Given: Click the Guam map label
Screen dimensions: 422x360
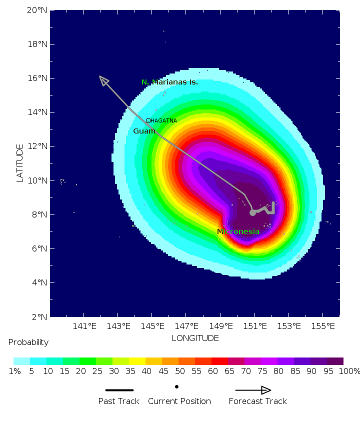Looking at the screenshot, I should tap(144, 131).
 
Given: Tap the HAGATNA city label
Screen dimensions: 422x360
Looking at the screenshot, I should tap(163, 120).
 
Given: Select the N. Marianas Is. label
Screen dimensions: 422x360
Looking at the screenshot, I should tap(169, 82).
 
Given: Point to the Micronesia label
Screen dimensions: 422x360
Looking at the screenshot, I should tap(238, 231).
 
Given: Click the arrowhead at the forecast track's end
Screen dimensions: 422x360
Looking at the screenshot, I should tap(103, 80).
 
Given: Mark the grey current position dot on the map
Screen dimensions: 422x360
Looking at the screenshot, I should tap(252, 212).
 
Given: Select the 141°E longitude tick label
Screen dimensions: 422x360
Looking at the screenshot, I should tap(84, 326).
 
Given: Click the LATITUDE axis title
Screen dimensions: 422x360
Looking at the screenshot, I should tap(20, 163).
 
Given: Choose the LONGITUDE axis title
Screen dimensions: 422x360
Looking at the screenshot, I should tap(195, 338).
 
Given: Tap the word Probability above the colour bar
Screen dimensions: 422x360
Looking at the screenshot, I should tap(28, 342).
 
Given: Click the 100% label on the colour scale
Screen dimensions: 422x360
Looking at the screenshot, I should tap(349, 371).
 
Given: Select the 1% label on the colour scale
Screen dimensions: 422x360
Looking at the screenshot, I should tap(13, 371).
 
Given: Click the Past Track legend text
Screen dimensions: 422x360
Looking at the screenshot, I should tap(119, 401).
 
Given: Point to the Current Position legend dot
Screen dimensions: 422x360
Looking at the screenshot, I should tap(176, 386).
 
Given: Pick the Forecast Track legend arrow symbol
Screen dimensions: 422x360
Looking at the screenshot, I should tap(253, 390).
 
